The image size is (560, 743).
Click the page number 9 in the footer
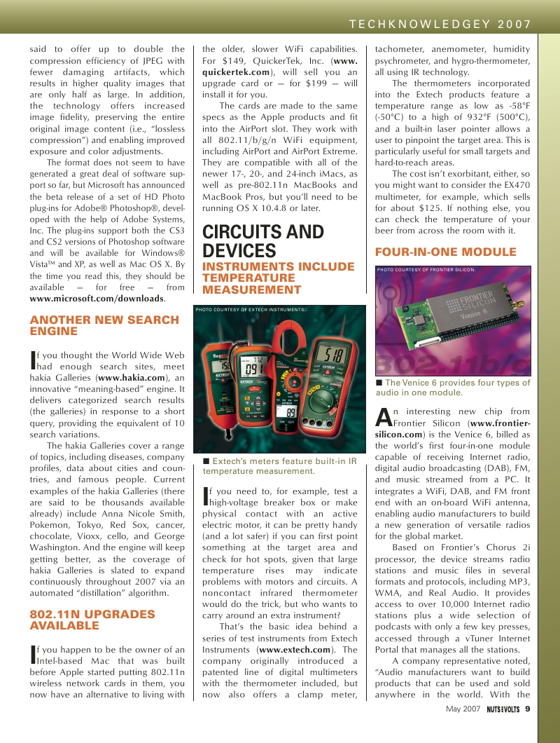coord(527,708)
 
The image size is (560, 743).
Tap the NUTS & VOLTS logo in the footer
coord(503,709)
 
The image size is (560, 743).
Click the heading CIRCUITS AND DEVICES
coord(262,241)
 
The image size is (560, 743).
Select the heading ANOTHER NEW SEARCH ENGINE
coord(104,325)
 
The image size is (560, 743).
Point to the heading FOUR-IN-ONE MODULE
coord(446,252)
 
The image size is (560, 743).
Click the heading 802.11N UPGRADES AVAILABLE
coord(92,620)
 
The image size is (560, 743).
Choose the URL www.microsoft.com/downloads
coord(97,299)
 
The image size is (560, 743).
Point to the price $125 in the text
coord(425,208)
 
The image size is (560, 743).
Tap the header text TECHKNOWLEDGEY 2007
coord(440,24)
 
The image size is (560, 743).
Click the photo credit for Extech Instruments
coord(251,309)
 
